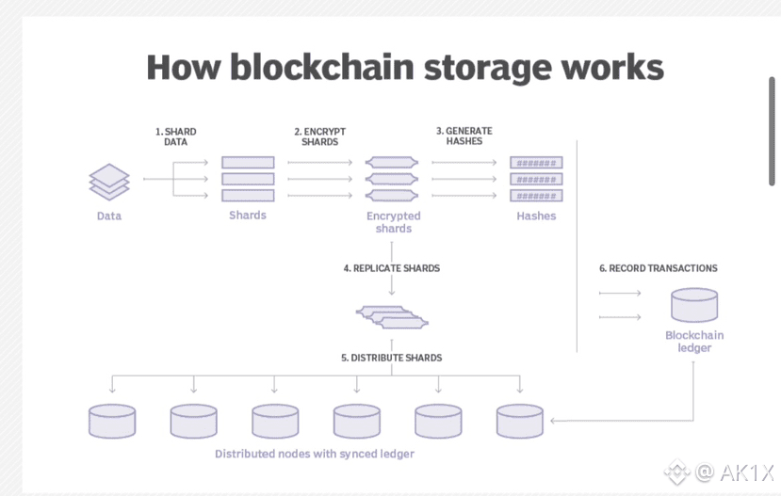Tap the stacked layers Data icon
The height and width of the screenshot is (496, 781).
pyautogui.click(x=109, y=182)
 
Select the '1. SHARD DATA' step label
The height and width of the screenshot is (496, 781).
pyautogui.click(x=176, y=136)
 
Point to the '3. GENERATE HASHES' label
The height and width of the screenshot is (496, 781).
pyautogui.click(x=464, y=136)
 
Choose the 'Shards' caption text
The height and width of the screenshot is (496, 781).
pyautogui.click(x=248, y=216)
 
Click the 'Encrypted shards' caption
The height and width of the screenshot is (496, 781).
pyautogui.click(x=394, y=222)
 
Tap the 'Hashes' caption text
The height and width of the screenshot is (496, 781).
pyautogui.click(x=536, y=216)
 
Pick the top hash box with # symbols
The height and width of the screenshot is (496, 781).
pyautogui.click(x=536, y=163)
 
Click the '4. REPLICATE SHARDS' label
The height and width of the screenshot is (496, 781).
pyautogui.click(x=391, y=268)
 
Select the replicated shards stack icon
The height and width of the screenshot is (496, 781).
pyautogui.click(x=392, y=317)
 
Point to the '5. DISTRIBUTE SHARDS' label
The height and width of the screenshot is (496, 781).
pyautogui.click(x=391, y=358)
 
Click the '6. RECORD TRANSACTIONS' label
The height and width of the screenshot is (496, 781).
pyautogui.click(x=659, y=268)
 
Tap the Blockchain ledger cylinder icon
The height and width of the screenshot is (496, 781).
pyautogui.click(x=694, y=305)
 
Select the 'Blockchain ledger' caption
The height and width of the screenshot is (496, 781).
pyautogui.click(x=694, y=342)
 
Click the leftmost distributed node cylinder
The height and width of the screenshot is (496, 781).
pyautogui.click(x=112, y=422)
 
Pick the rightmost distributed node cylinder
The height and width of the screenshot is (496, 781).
pyautogui.click(x=520, y=422)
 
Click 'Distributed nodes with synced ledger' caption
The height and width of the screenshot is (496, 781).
pyautogui.click(x=315, y=454)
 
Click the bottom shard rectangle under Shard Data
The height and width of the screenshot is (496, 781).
pyautogui.click(x=248, y=196)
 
